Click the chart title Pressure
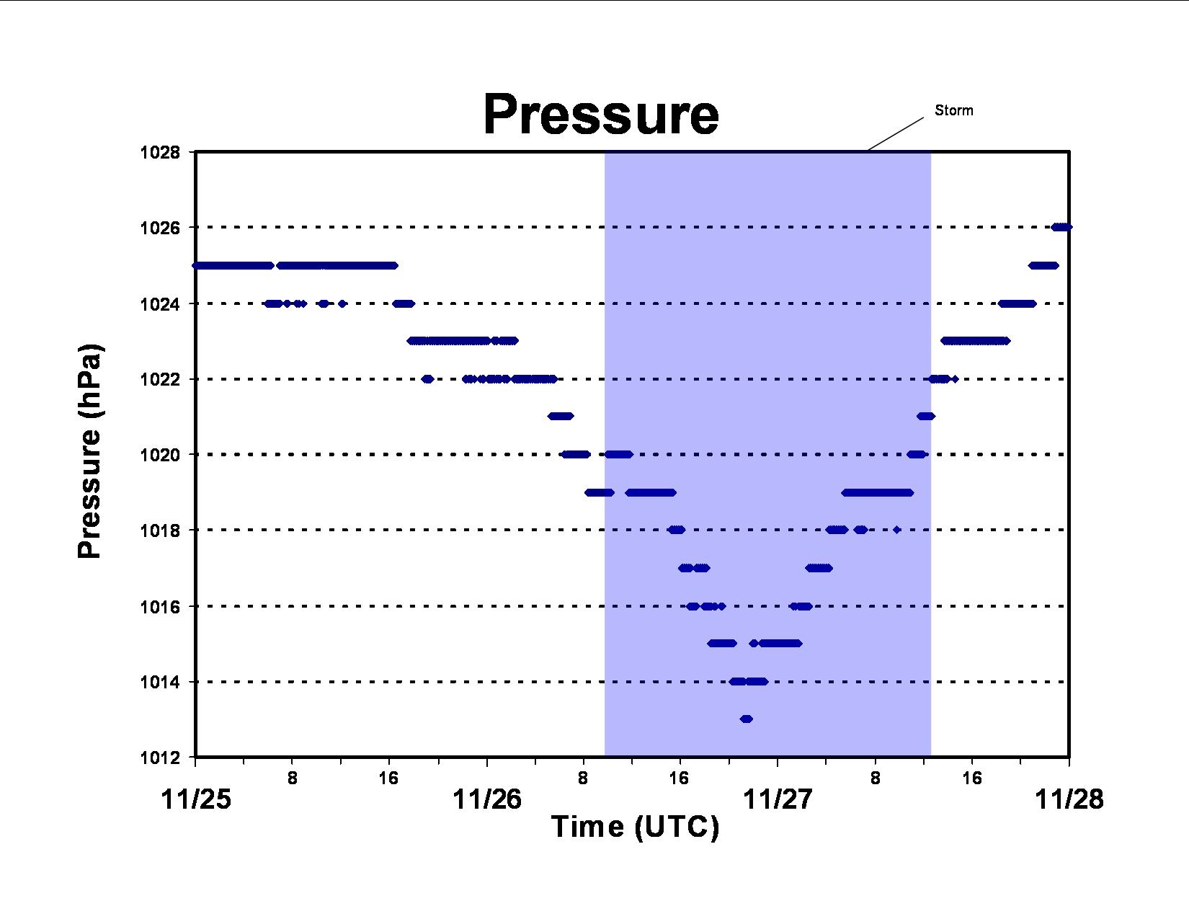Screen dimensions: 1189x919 click(601, 115)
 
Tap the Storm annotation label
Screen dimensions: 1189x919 click(953, 110)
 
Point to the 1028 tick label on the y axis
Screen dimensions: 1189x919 click(160, 152)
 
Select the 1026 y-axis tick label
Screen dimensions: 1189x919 click(160, 228)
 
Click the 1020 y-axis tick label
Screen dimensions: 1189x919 click(160, 455)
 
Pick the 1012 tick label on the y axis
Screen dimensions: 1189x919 click(160, 758)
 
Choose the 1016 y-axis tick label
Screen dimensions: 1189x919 click(160, 606)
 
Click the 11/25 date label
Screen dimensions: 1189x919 click(196, 799)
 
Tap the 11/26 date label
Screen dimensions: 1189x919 click(487, 799)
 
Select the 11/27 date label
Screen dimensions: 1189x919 click(778, 799)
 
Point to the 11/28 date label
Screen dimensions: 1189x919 click(1069, 799)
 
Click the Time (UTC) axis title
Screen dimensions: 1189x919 click(635, 827)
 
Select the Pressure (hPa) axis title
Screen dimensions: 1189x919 click(89, 451)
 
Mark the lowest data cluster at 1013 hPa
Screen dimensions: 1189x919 click(747, 719)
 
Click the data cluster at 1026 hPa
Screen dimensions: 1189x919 click(1061, 227)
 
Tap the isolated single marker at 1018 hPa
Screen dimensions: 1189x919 click(896, 530)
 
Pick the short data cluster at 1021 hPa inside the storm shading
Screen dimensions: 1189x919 click(926, 416)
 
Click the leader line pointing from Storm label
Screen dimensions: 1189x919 click(896, 133)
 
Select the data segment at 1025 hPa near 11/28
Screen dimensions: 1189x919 click(1043, 265)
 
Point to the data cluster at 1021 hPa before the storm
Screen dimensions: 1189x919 click(561, 416)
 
